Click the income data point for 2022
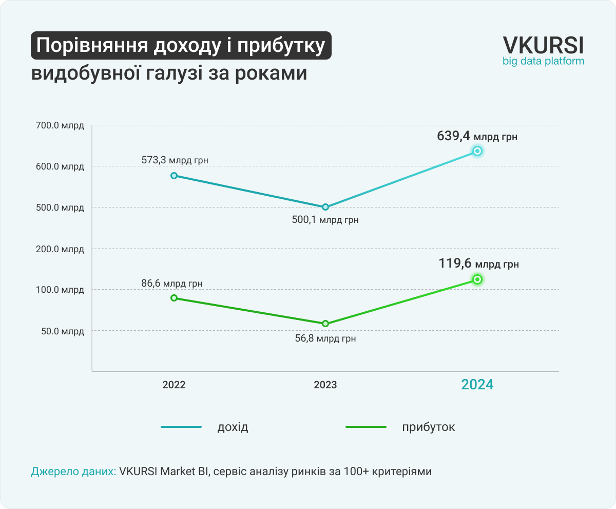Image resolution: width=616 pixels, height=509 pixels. coord(174,176)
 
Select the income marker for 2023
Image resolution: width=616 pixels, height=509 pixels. coord(325,207)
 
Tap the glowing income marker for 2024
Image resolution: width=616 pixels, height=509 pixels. coord(477,151)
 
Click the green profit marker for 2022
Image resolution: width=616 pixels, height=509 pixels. coord(174,298)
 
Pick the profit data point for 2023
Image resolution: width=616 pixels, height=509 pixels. coord(325,324)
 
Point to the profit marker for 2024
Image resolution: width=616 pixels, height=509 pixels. coord(477,279)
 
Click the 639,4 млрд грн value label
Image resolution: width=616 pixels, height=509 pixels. coord(477,137)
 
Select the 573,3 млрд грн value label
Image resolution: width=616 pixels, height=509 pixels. coord(175,160)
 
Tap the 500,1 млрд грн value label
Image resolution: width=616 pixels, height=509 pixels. coord(325,220)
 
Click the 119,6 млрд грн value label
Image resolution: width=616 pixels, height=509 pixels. coord(478,264)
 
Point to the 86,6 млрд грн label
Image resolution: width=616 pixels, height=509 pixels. coord(172,283)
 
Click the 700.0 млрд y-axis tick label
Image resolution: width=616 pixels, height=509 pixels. coord(60,125)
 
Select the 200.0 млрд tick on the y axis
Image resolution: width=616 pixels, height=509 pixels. coord(60,249)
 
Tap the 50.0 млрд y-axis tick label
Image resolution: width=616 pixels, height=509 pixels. coord(62,331)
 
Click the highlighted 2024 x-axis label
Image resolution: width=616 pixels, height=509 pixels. coord(477,385)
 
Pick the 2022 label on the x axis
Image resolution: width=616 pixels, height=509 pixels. coord(174,385)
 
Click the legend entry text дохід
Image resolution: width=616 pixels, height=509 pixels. coord(233,427)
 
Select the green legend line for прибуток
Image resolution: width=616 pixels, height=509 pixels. coord(365,427)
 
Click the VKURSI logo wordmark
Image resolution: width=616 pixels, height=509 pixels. coord(543,45)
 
